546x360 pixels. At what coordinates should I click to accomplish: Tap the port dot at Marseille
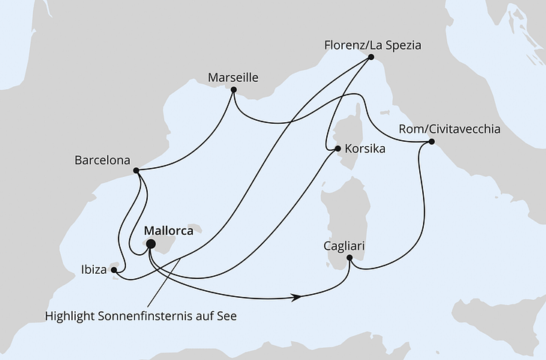pyautogui.click(x=234, y=91)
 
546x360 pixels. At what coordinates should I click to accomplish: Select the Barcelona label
pyautogui.click(x=103, y=160)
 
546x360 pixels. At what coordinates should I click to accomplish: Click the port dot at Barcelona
pyautogui.click(x=136, y=170)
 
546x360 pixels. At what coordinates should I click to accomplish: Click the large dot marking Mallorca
pyautogui.click(x=150, y=244)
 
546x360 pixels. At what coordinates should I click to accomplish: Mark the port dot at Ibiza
pyautogui.click(x=114, y=266)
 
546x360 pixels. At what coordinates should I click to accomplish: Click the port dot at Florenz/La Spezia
pyautogui.click(x=373, y=61)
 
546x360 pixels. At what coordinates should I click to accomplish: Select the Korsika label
pyautogui.click(x=364, y=149)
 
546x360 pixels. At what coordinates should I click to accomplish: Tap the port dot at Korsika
pyautogui.click(x=337, y=148)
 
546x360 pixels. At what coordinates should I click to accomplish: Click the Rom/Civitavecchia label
pyautogui.click(x=450, y=129)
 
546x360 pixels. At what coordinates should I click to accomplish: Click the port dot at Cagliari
pyautogui.click(x=349, y=258)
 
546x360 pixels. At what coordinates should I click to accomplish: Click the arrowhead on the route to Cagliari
pyautogui.click(x=299, y=297)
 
